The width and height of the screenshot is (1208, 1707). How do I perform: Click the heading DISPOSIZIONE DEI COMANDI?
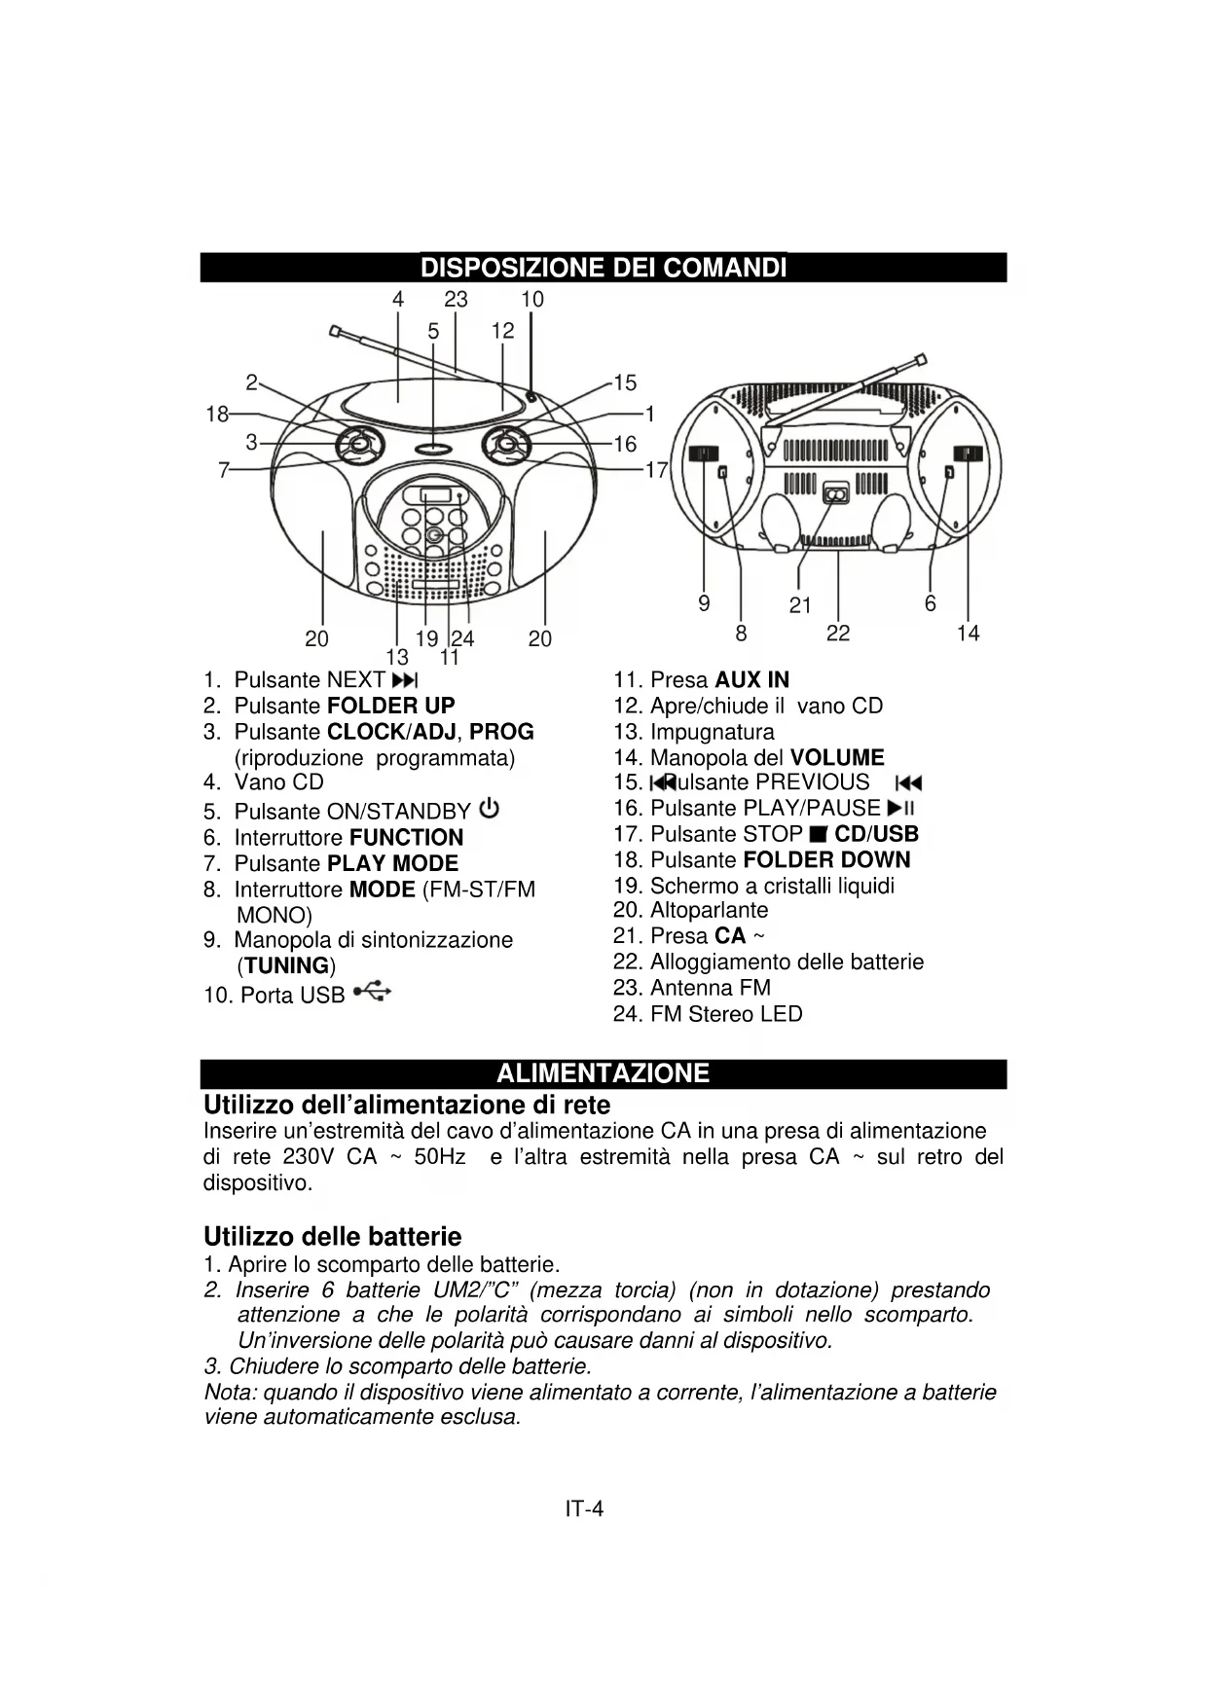pos(604,268)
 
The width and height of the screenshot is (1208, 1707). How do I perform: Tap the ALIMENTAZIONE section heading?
pos(604,1073)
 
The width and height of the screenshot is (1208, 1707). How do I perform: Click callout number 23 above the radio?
pos(456,300)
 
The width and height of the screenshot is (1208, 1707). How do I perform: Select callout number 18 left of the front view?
pos(217,415)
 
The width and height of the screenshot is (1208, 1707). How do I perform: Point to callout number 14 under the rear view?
pos(968,634)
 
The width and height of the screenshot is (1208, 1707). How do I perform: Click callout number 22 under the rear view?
pos(838,634)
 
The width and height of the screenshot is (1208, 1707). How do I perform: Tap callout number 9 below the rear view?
pos(704,603)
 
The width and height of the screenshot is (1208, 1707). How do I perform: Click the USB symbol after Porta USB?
pos(373,992)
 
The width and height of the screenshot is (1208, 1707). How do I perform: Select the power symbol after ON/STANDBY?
pos(490,809)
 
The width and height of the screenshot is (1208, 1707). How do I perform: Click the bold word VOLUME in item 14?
pos(837,757)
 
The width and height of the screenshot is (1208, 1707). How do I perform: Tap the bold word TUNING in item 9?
pos(286,965)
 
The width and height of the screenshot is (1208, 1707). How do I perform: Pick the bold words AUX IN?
pos(751,680)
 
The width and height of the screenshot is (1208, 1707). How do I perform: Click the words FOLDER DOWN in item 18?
pos(826,859)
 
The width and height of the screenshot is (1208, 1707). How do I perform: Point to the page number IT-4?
pos(584,1508)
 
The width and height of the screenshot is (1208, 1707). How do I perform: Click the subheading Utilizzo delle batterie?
pos(332,1237)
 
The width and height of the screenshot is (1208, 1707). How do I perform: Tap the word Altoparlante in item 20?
pos(709,910)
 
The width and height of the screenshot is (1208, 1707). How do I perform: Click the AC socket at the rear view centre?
pos(835,494)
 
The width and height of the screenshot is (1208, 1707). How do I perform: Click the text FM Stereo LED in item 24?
pos(726,1014)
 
